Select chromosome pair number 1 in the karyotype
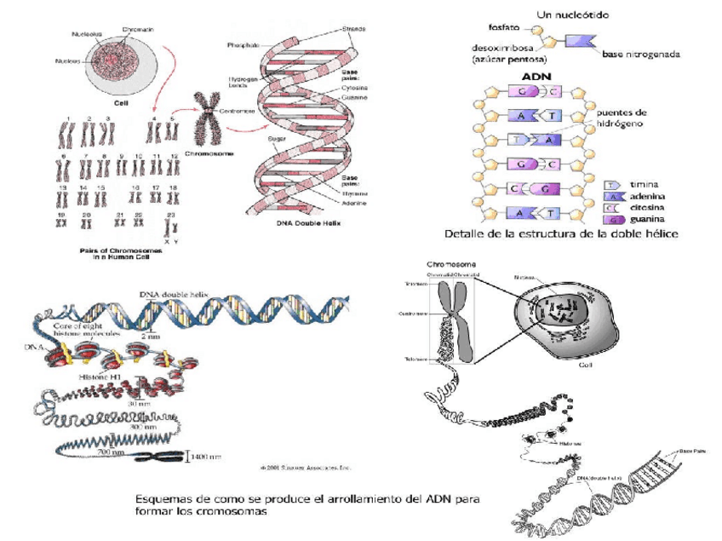coord(66,132)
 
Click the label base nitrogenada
coord(640,55)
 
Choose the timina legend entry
coord(645,183)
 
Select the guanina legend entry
coord(647,219)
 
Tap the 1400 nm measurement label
coord(208,457)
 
